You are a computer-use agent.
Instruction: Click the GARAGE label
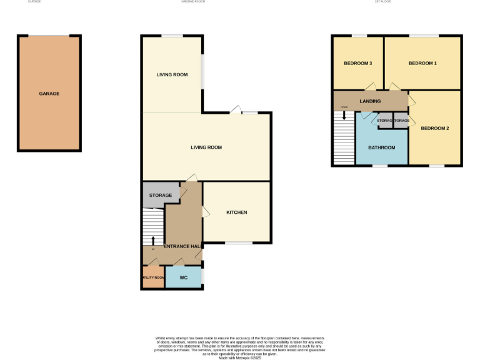pyautogui.click(x=49, y=94)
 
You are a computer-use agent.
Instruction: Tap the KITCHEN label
pyautogui.click(x=237, y=212)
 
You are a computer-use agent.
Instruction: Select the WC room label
pyautogui.click(x=184, y=277)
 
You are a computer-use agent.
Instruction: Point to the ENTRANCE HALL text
pyautogui.click(x=182, y=247)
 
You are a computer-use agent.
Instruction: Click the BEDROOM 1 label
pyautogui.click(x=422, y=64)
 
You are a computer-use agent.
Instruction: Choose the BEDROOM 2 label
pyautogui.click(x=435, y=129)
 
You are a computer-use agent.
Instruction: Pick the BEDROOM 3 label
pyautogui.click(x=358, y=64)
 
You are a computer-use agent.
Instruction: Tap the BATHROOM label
pyautogui.click(x=381, y=147)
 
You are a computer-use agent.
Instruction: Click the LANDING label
pyautogui.click(x=370, y=101)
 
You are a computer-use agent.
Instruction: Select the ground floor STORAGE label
pyautogui.click(x=161, y=196)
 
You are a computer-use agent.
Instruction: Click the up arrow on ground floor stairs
pyautogui.click(x=153, y=240)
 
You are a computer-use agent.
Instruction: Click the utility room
pyautogui.click(x=153, y=277)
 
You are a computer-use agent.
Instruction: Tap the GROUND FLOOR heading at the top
pyautogui.click(x=193, y=2)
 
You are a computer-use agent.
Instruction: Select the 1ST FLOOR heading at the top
pyautogui.click(x=382, y=2)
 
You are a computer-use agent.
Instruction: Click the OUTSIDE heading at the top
pyautogui.click(x=36, y=2)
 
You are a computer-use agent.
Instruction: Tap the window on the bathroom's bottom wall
pyautogui.click(x=380, y=166)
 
